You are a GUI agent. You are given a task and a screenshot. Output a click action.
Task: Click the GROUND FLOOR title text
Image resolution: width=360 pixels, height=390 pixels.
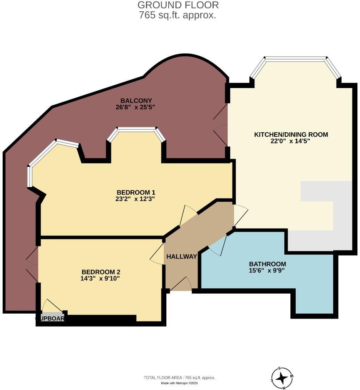click(178, 5)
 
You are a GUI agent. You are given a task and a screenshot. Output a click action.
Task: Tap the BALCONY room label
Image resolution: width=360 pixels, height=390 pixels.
click(136, 101)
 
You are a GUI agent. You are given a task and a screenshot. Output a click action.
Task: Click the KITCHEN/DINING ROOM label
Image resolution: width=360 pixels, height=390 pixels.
click(291, 135)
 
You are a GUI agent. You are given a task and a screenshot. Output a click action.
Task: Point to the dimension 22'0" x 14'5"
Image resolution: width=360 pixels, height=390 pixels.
click(291, 141)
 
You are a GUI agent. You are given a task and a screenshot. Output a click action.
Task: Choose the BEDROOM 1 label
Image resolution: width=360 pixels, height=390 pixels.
click(136, 192)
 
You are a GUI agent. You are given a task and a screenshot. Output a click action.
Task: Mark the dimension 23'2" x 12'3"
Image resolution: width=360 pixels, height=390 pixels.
click(136, 198)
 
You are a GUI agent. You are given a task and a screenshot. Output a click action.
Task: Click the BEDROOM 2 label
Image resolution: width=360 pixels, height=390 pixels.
click(101, 272)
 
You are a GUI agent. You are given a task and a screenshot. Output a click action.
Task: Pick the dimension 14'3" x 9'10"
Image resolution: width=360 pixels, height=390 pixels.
click(101, 279)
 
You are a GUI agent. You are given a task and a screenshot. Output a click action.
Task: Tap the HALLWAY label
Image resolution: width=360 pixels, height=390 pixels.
click(182, 257)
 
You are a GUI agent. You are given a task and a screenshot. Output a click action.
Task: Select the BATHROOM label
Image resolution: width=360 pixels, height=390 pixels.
click(267, 264)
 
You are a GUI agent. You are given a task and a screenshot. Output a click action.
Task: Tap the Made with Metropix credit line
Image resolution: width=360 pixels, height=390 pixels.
click(180, 383)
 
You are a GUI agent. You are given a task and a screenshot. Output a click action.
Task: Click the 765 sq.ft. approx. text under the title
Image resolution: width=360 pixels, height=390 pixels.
click(178, 15)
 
